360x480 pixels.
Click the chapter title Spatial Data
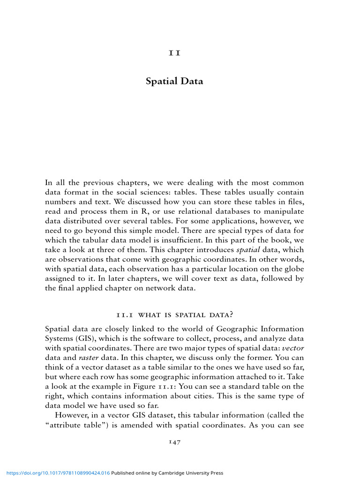pyautogui.click(x=174, y=81)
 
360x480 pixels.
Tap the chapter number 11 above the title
pyautogui.click(x=174, y=52)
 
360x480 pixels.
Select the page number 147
pyautogui.click(x=174, y=442)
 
